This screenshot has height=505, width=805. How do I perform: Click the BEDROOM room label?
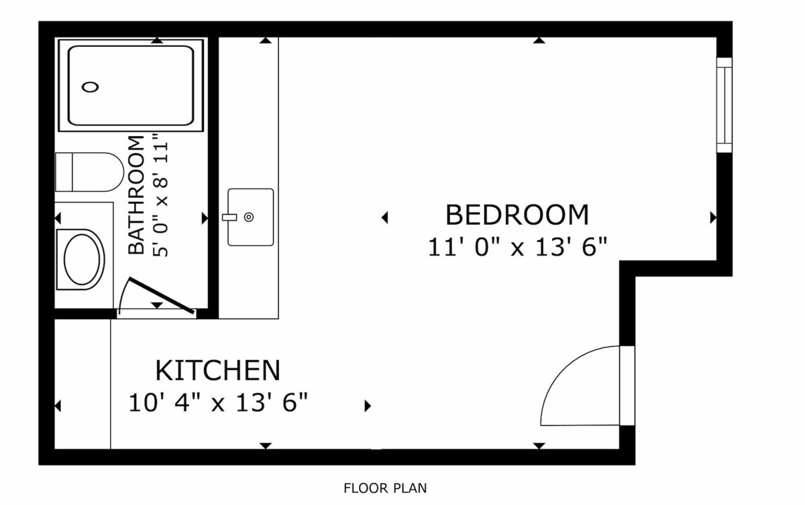(517, 215)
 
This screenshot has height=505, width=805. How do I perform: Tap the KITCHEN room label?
(217, 370)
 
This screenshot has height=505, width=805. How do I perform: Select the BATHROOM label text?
(136, 194)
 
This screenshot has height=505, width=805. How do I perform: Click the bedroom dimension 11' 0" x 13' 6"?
(517, 247)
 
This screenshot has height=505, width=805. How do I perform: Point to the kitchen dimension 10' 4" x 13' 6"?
(218, 402)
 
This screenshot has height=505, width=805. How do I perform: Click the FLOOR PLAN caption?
(385, 488)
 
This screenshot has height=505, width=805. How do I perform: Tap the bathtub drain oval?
(90, 87)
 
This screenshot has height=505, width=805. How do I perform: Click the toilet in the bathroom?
(89, 172)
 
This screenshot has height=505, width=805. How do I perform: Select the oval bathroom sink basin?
(82, 260)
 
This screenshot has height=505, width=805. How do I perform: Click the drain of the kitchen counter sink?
(249, 217)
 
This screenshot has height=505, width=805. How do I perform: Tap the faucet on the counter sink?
(229, 217)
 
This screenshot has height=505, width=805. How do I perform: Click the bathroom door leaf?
(162, 296)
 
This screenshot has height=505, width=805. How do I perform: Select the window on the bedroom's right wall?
(724, 105)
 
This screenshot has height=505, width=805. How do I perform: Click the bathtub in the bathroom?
(131, 85)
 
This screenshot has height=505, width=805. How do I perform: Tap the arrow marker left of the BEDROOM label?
(384, 217)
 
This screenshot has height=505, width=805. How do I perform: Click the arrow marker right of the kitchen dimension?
(368, 406)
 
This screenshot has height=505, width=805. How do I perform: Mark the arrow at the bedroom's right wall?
(713, 218)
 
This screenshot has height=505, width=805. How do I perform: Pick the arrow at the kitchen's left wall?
(58, 406)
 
